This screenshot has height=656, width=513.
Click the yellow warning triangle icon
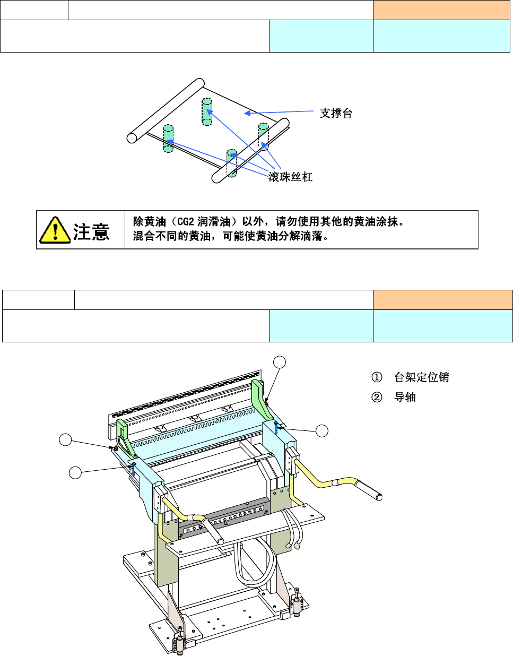pos(55,230)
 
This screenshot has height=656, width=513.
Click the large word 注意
pos(91,232)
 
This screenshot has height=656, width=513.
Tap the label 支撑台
pos(336,113)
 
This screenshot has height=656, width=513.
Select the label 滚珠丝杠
pos(290,177)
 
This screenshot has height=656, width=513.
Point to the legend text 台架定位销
pos(421,377)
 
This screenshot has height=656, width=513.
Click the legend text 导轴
pos(405,397)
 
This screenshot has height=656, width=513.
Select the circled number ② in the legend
pos(377,397)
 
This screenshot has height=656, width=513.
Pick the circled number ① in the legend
pos(377,377)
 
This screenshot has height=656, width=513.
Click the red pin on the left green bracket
pos(116,448)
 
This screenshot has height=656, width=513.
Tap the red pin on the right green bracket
pos(266,404)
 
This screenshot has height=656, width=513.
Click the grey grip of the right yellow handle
pos(370,490)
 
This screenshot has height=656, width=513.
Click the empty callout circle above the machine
pos(280,362)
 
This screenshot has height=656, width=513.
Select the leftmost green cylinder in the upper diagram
pos(168,139)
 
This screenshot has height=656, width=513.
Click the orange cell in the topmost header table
pos(441,10)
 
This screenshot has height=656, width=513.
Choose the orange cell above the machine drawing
pos(442,300)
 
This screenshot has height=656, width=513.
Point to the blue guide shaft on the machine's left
pos(134,468)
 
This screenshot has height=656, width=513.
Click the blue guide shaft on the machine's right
pos(276,427)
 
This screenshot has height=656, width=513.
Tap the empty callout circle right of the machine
pos(322,431)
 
